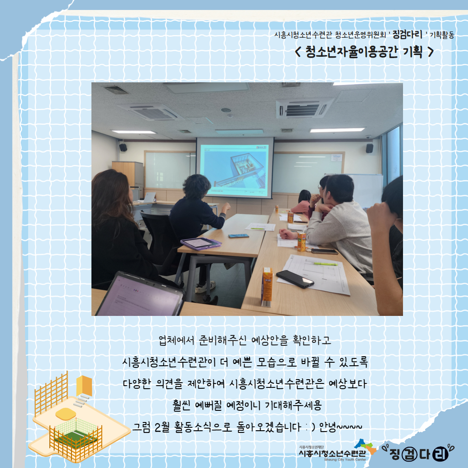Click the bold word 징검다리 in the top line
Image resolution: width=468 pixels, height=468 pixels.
point(407,35)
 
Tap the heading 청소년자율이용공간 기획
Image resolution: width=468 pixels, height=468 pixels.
point(364,52)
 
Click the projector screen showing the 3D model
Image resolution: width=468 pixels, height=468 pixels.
point(235,167)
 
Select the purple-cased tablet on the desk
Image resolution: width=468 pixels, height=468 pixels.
point(201,243)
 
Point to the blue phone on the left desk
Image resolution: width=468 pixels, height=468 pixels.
point(238,236)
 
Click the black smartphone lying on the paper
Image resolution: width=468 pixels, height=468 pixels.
point(295,279)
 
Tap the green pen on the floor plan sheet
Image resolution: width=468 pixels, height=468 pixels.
point(325,264)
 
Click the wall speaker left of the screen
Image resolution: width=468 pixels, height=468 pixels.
point(123,147)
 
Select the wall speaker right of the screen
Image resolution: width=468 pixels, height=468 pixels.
point(370,148)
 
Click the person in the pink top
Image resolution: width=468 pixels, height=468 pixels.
point(302,204)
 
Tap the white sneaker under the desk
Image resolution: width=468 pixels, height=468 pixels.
point(205,287)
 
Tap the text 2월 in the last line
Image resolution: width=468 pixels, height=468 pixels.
point(162,427)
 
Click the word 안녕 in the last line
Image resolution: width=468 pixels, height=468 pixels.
point(328,427)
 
